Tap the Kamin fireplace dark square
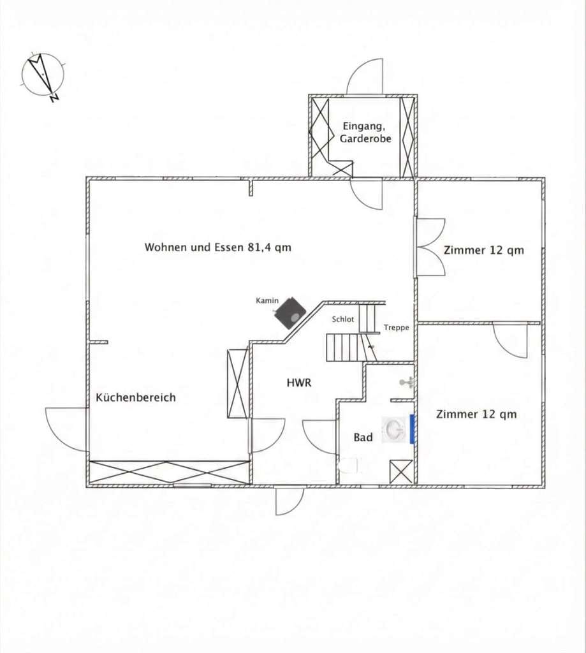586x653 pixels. [290, 312]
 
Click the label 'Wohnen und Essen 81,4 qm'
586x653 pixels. [218, 247]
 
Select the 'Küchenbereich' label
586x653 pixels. [136, 397]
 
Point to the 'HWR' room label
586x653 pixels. [299, 383]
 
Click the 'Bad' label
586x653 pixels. [363, 437]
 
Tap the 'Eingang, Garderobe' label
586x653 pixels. [365, 132]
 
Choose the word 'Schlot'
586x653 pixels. [343, 319]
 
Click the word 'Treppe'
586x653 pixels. [397, 328]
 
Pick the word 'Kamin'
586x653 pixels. [267, 300]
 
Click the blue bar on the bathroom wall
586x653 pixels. [412, 429]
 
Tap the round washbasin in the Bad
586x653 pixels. [394, 429]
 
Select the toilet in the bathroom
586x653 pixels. [350, 465]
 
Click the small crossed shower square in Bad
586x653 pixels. [401, 472]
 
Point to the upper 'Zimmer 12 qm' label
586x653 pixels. [483, 250]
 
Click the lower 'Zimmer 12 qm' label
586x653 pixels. [476, 415]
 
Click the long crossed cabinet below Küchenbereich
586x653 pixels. [169, 473]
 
